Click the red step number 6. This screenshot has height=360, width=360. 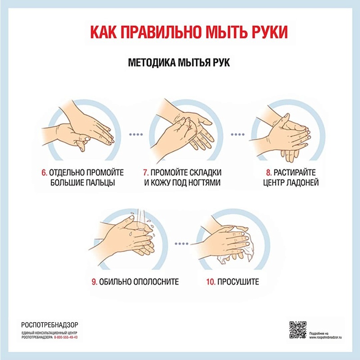coord(44,173)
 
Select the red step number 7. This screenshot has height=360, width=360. coord(146,173)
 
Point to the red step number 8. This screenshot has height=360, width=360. coord(269,173)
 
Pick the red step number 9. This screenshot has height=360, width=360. coord(94,282)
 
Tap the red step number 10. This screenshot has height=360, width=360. coord(211,282)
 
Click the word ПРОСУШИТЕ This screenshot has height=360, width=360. coord(238,282)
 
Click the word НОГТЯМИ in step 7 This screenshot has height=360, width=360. coord(204,183)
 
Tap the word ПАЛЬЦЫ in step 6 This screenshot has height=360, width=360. coord(100,183)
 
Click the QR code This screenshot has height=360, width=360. coord(298,330)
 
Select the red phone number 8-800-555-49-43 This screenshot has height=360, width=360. coord(66,337)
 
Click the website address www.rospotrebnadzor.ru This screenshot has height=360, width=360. coord(325,337)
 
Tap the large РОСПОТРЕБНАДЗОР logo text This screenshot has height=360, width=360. coord(49,325)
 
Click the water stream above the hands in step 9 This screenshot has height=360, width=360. coord(141,219)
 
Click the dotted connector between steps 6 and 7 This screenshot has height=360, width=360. coord(136,135)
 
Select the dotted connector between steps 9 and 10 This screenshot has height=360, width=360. coord(182,243)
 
